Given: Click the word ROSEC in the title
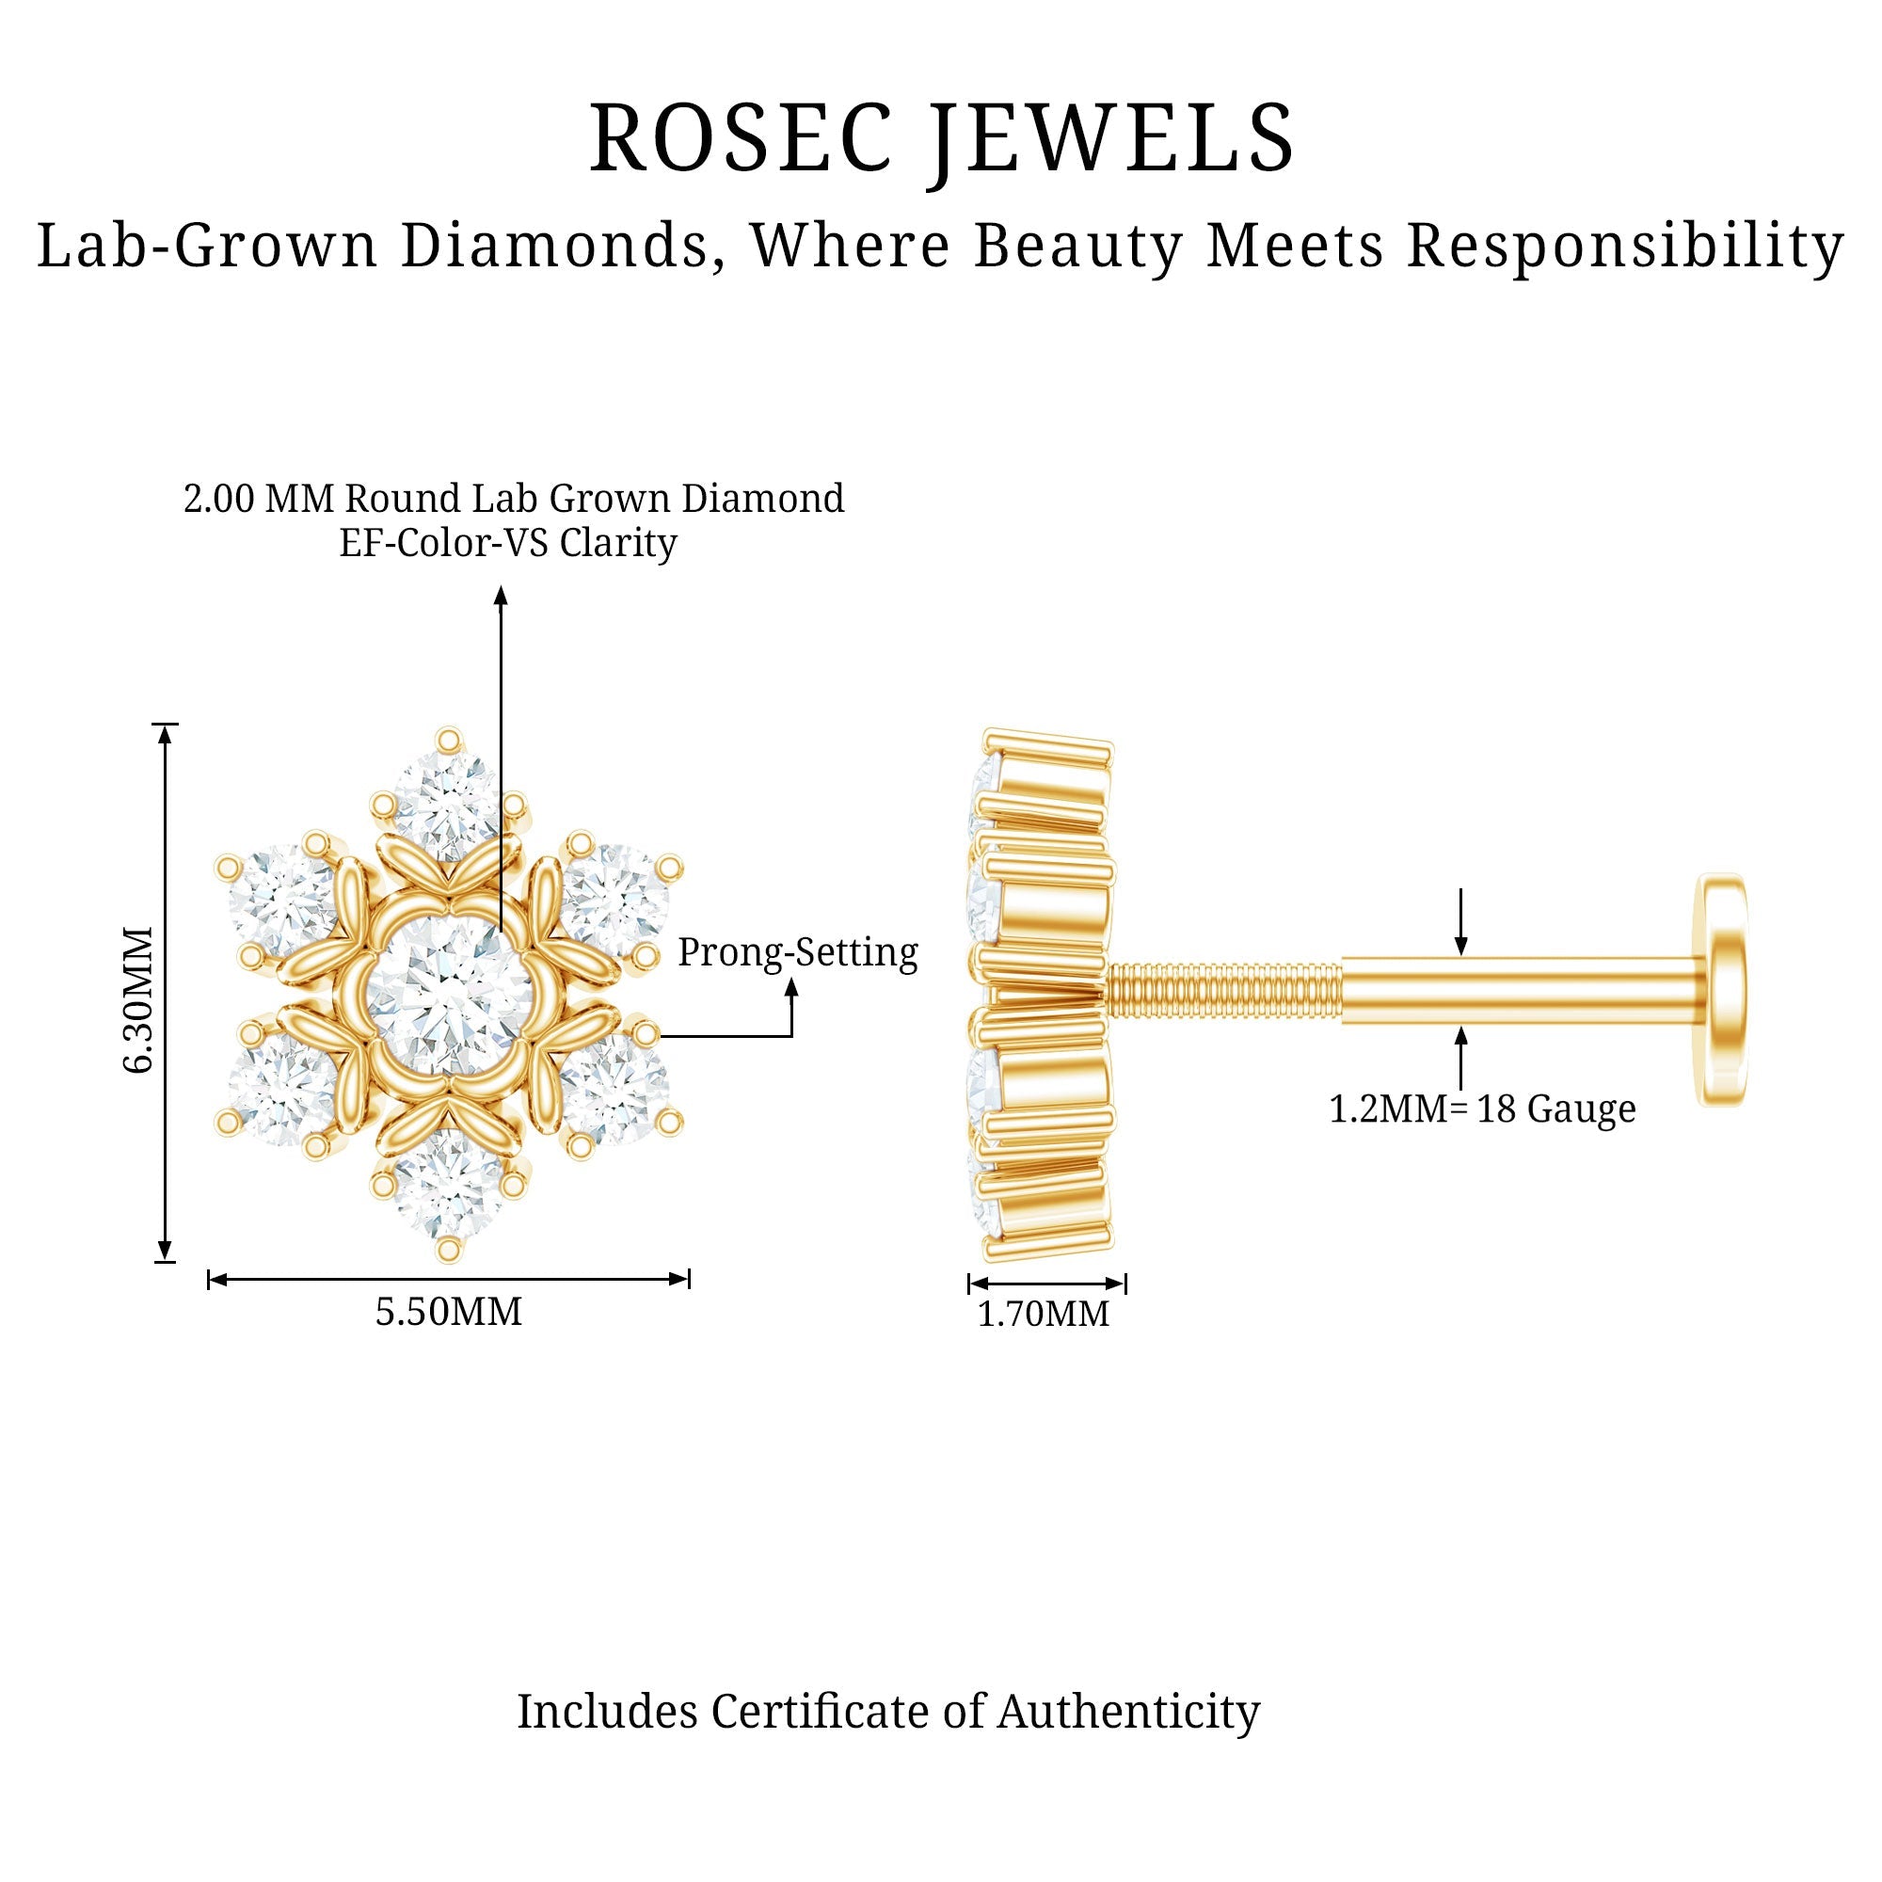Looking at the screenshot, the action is (x=741, y=138).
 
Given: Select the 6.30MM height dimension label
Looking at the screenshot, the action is (x=139, y=999).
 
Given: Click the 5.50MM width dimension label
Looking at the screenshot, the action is (x=449, y=1312).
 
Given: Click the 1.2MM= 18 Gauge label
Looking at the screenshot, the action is (x=1483, y=1109).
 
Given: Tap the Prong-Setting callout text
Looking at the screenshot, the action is (x=798, y=952).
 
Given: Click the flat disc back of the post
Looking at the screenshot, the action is (x=1722, y=990).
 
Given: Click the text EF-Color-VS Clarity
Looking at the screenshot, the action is (x=507, y=544).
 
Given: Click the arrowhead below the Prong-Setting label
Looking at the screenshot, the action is (x=792, y=987).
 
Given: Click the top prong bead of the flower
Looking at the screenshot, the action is (x=448, y=741).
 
